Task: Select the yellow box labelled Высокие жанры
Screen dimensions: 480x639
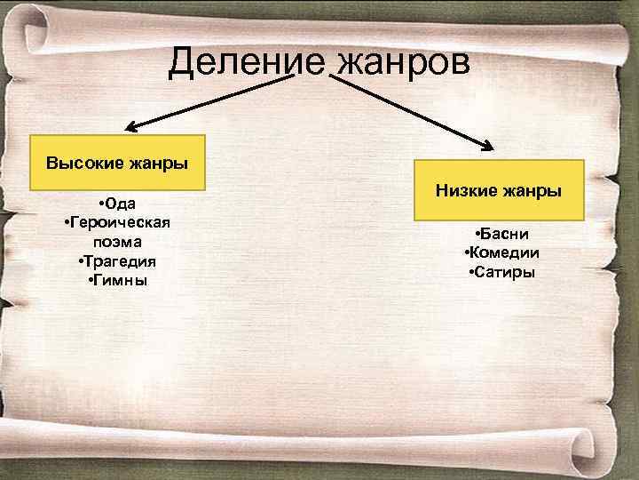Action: click(x=117, y=163)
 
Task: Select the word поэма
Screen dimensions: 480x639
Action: click(x=117, y=241)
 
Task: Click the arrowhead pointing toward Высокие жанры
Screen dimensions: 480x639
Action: click(x=129, y=128)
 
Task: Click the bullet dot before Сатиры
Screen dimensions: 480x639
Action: click(x=469, y=270)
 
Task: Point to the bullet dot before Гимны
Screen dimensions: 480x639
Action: click(x=92, y=279)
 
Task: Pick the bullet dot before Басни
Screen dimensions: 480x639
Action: click(x=477, y=233)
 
